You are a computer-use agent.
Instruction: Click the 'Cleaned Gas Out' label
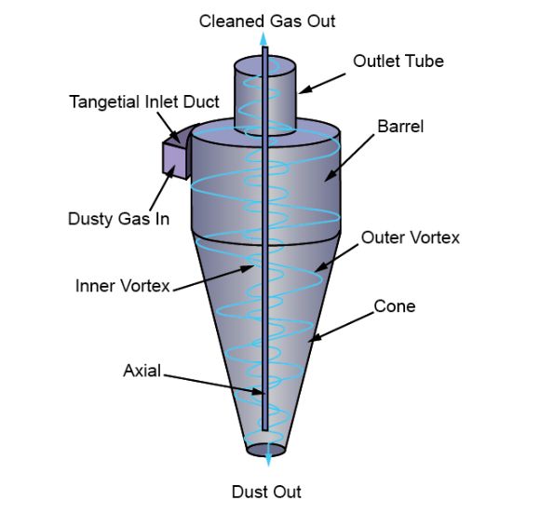point(267,21)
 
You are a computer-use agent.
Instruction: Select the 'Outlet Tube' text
point(398,61)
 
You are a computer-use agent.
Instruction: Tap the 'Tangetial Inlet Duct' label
point(144,102)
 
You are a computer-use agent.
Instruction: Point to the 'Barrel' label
point(400,127)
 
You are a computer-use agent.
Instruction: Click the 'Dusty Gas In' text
point(119,219)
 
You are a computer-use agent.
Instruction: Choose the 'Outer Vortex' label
point(411,237)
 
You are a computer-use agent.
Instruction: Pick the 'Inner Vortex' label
point(123,286)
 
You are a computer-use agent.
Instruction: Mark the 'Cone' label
point(395,306)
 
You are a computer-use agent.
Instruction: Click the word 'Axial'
point(142,371)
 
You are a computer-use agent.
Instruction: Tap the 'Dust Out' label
point(266,492)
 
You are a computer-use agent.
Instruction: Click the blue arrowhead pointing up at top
point(263,38)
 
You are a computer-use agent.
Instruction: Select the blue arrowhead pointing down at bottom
point(268,460)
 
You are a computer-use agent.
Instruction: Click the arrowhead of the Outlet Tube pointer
point(304,90)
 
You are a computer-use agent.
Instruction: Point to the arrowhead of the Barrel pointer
point(330,176)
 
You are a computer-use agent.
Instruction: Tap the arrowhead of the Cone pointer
point(315,339)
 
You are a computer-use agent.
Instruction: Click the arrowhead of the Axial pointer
point(258,392)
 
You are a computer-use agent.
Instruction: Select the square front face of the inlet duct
point(174,160)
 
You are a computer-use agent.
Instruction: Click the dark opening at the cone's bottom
point(266,450)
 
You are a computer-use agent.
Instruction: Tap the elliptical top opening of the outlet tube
point(264,66)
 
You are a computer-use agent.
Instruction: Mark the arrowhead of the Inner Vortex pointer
point(248,267)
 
